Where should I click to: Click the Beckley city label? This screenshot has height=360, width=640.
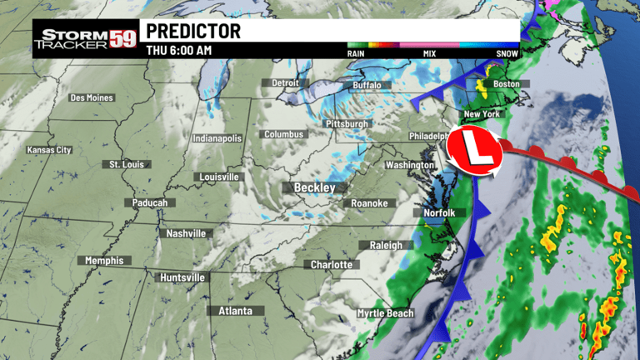[x=313, y=187]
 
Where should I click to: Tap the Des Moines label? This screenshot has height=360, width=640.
[x=91, y=97]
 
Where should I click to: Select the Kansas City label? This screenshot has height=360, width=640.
[x=49, y=150]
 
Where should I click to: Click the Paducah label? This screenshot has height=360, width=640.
[x=150, y=202]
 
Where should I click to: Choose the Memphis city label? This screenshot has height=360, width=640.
[x=104, y=261]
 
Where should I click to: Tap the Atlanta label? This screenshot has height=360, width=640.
[x=235, y=311]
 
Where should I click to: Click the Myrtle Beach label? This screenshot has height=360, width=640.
[x=385, y=313]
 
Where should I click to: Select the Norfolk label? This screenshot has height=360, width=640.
[x=439, y=212]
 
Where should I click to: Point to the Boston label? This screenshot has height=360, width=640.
[x=506, y=83]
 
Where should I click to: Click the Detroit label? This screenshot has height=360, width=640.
[x=285, y=83]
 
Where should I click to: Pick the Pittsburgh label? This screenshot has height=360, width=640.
[x=346, y=124]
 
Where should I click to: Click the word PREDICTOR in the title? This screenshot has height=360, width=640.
[x=193, y=32]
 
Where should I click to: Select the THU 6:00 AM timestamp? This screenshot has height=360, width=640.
[x=179, y=50]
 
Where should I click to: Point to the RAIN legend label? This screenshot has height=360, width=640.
[x=357, y=54]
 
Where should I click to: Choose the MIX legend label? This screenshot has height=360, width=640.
[x=430, y=54]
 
